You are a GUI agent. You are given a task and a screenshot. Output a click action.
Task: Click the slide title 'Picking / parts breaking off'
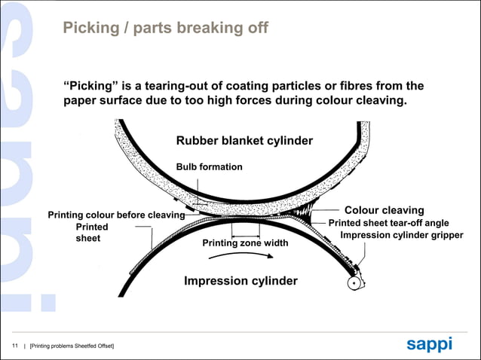164,29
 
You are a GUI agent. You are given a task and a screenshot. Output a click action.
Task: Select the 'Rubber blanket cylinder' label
244,141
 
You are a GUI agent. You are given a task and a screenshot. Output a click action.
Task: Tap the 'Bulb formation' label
209,166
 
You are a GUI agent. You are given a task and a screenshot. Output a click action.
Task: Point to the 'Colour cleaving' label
384,210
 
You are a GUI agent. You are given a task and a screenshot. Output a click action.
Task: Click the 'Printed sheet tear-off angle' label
389,223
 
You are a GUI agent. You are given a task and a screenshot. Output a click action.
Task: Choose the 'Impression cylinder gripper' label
402,236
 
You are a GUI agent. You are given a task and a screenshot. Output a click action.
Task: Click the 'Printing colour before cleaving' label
117,215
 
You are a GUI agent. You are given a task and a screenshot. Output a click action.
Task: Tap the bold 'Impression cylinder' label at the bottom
240,281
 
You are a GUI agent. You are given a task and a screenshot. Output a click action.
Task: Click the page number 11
15,345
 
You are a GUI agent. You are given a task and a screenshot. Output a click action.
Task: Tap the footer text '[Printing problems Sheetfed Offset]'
72,346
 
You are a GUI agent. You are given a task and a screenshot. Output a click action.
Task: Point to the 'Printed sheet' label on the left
91,232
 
